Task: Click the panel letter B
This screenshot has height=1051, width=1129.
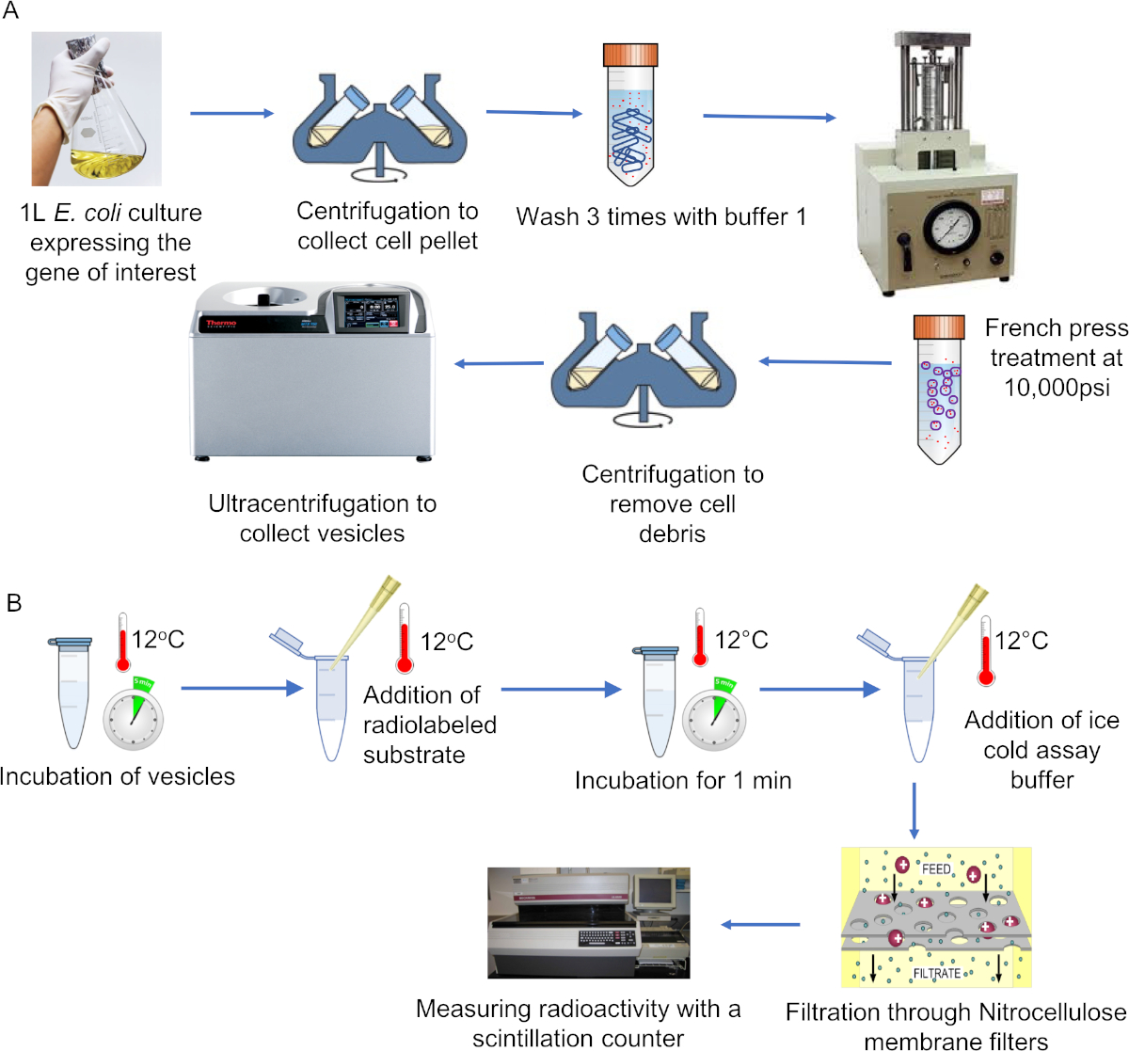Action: (x=14, y=602)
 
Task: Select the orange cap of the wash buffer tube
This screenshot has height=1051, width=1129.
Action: (x=629, y=55)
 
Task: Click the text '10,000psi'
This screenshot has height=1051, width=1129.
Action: (x=1057, y=388)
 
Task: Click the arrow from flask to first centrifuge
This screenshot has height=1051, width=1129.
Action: (x=231, y=114)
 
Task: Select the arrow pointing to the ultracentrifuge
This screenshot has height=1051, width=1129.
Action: (x=499, y=364)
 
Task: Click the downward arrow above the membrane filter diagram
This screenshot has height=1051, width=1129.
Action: (x=914, y=811)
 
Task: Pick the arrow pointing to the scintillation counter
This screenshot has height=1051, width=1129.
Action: (x=760, y=925)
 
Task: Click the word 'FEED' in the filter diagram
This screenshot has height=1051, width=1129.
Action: (x=936, y=868)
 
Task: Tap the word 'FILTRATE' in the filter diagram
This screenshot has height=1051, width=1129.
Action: (x=936, y=974)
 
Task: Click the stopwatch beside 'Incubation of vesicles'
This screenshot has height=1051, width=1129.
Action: (x=133, y=717)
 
